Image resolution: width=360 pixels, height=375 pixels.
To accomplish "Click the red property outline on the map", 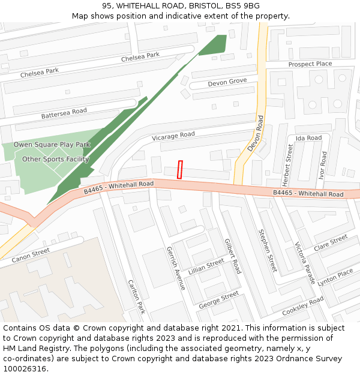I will coord(180,169).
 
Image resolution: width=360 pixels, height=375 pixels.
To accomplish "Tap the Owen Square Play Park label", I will coord(52,145).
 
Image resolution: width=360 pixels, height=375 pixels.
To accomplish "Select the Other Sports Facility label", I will coord(55,159).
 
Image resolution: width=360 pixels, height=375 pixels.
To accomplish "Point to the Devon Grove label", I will coord(227,82).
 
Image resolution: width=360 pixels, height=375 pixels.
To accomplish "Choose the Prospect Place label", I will coord(310,64).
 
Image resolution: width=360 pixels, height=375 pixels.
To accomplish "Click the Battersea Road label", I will coord(64,113).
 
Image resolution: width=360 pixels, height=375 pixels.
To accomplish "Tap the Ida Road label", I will coord(308,138).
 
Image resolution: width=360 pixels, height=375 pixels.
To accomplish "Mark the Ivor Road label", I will coord(323,165).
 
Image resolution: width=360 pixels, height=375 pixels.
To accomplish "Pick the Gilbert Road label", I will coord(232,256).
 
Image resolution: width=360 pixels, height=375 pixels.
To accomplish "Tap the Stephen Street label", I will coord(267,250).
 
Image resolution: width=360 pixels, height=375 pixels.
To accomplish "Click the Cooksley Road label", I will coord(302,305).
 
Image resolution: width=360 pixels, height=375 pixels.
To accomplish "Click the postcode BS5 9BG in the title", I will coord(245,5).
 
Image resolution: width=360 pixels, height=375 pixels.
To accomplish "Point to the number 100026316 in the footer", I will coord(25,369).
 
